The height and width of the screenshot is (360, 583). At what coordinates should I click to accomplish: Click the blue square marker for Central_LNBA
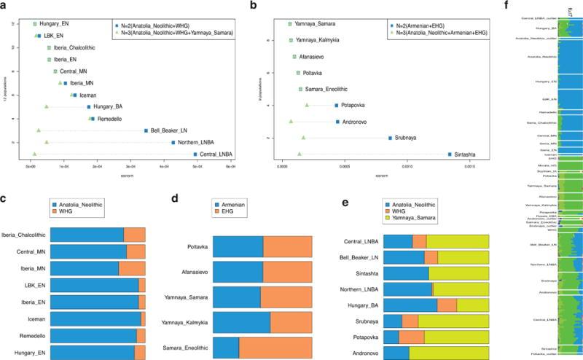(195, 154)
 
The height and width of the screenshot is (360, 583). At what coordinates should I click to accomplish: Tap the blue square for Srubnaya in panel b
(390, 138)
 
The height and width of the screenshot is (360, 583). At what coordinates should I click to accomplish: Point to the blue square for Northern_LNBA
(173, 142)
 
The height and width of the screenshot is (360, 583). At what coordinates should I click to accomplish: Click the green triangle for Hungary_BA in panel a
(47, 107)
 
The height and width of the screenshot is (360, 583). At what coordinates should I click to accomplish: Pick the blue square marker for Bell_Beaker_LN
(146, 130)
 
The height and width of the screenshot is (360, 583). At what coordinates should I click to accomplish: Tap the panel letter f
(506, 5)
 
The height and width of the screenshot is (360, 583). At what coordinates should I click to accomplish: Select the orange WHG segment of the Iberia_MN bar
(132, 267)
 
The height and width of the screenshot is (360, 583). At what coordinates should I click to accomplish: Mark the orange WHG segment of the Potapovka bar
(412, 337)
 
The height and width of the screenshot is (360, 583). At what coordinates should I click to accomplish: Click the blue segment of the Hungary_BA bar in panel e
(410, 305)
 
